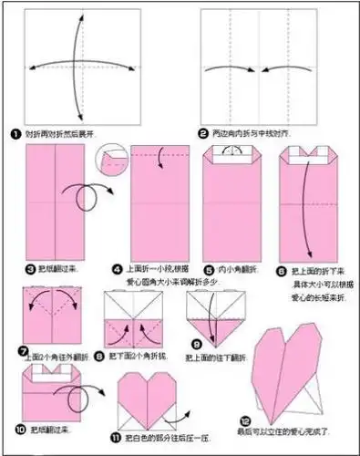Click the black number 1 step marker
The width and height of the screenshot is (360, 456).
pos(15,134)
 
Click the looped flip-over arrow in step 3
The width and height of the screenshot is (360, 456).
pos(87,196)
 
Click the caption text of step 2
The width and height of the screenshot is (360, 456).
pos(251,133)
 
